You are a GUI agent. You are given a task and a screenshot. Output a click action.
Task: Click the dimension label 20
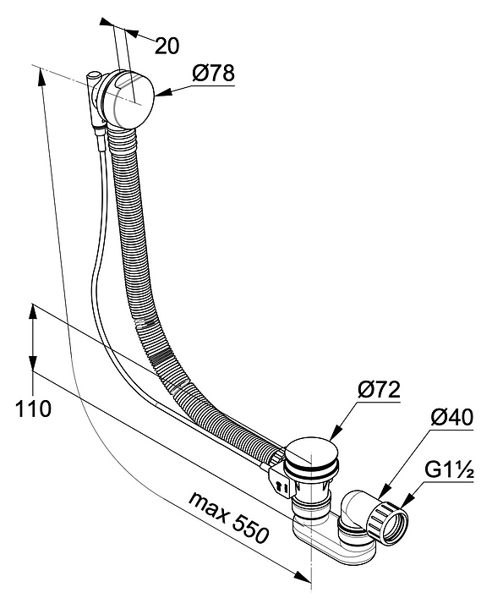tap(167, 46)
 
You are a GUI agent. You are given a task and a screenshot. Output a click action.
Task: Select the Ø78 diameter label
tap(214, 73)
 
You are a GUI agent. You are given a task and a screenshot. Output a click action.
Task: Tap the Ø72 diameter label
tap(379, 390)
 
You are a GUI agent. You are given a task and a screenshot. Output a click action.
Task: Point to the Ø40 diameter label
tap(452, 417)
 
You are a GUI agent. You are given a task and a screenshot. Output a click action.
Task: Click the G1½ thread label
tap(449, 470)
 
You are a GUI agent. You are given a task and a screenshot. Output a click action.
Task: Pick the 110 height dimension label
tap(33, 409)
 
